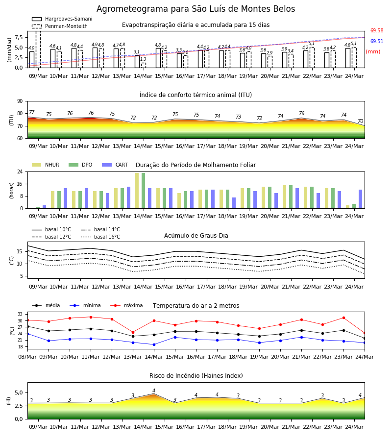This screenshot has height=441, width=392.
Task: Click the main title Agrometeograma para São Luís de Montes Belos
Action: tap(196, 9)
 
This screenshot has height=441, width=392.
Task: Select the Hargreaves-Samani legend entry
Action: tap(62, 19)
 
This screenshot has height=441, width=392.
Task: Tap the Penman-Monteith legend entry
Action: tap(60, 26)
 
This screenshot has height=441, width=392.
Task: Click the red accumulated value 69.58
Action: tap(377, 31)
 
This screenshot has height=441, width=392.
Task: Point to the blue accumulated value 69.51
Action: tap(377, 41)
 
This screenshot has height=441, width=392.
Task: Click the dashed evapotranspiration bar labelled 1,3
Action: tap(144, 65)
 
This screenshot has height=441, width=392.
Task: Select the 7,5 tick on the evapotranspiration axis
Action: tap(19, 37)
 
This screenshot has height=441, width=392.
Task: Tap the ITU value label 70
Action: tap(360, 121)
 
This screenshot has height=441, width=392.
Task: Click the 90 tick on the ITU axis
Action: tap(20, 101)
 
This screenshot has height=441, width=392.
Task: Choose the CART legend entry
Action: tap(115, 165)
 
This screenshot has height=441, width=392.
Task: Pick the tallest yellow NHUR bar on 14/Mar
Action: tap(137, 191)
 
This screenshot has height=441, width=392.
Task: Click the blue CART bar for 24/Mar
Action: tap(361, 199)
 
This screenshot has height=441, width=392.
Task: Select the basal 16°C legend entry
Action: tap(100, 237)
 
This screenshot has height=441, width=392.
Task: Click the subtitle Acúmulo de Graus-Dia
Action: tap(196, 236)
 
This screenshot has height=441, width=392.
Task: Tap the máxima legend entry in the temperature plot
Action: tap(126, 305)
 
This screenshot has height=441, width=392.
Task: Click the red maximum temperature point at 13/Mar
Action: tap(133, 332)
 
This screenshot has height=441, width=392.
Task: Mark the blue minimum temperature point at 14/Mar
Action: tap(154, 344)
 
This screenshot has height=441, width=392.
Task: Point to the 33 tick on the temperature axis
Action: tap(20, 314)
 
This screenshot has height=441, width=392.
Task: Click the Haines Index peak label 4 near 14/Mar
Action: tap(154, 391)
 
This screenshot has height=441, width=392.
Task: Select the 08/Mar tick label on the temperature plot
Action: tap(27, 357)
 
